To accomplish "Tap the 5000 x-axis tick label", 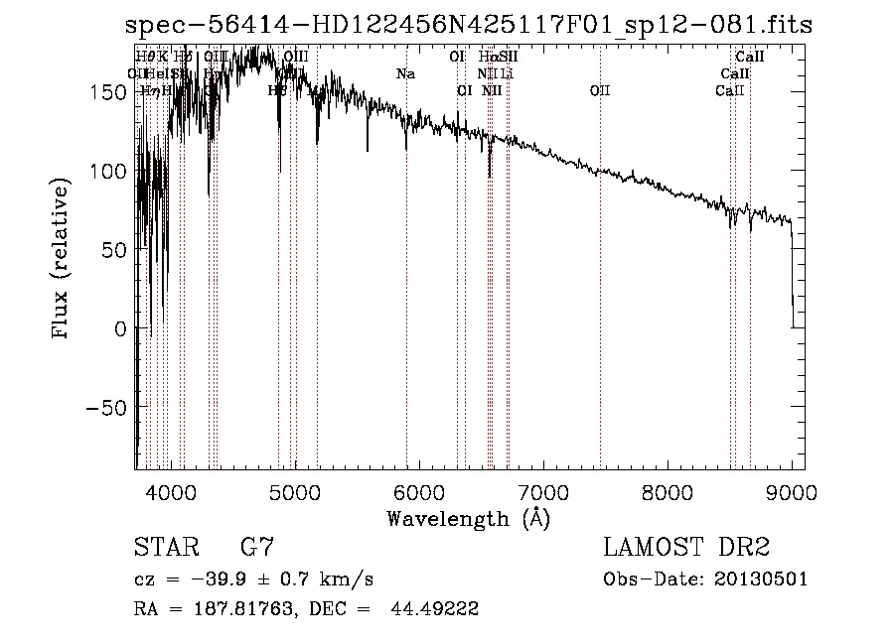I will [x=294, y=490].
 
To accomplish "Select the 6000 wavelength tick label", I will [x=418, y=490].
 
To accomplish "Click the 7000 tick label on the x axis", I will [x=543, y=490].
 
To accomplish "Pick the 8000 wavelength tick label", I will [x=668, y=490].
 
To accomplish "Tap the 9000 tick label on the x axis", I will [x=792, y=490].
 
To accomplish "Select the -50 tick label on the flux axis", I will [x=105, y=408].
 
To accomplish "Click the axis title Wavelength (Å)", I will [x=468, y=518].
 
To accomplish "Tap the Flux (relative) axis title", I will [x=62, y=259].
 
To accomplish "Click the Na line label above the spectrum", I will [x=405, y=74].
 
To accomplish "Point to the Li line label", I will [x=507, y=74].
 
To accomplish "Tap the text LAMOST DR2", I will [x=686, y=548].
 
